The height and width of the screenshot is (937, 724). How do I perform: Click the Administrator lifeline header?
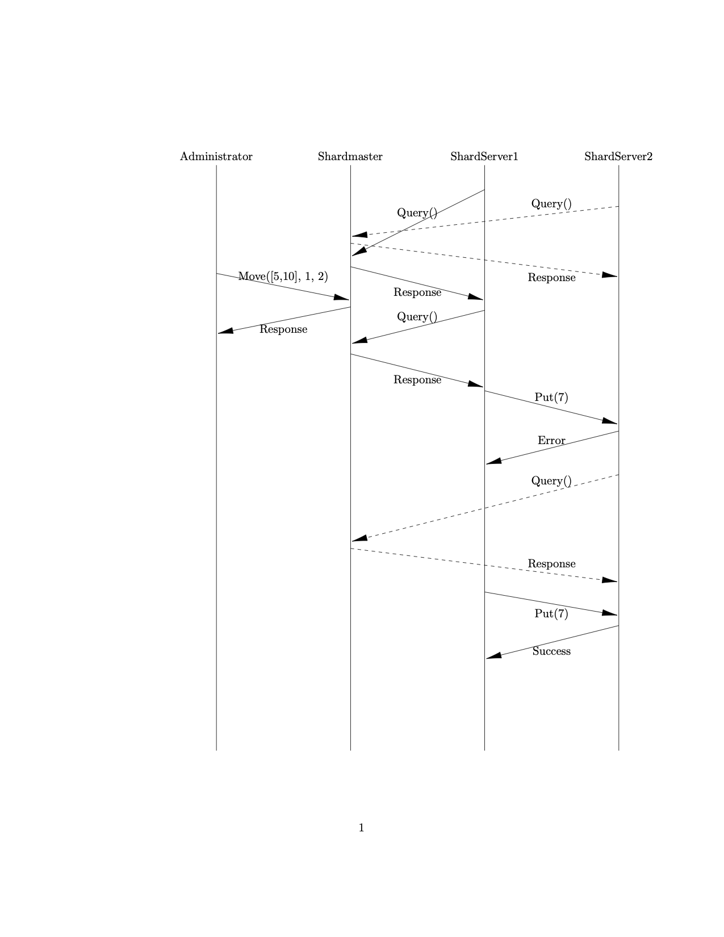point(216,157)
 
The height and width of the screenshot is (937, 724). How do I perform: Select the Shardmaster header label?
point(350,157)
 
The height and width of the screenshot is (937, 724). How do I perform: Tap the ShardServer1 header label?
point(484,157)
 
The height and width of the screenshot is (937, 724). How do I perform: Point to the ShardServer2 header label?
point(618,157)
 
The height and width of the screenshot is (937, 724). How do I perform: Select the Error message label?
point(551,441)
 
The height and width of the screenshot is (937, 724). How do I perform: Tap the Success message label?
point(551,651)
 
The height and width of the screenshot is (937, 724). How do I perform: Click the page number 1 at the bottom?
point(361,828)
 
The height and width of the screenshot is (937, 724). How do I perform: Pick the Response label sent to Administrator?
point(283,329)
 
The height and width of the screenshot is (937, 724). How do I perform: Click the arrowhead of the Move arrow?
point(342,297)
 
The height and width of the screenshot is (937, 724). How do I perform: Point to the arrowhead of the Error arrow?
point(493,461)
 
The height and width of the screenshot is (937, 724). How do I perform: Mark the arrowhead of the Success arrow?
point(493,656)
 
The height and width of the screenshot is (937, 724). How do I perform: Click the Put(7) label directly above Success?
point(551,614)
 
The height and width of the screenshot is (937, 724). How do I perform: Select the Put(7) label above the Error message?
point(551,398)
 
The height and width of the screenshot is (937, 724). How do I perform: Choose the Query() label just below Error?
point(551,481)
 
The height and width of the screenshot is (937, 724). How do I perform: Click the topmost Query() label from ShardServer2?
point(551,204)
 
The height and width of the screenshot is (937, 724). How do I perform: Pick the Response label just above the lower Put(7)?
point(551,564)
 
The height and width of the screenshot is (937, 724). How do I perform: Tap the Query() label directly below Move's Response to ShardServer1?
point(417,317)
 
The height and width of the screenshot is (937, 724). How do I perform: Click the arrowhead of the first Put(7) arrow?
point(610,421)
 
